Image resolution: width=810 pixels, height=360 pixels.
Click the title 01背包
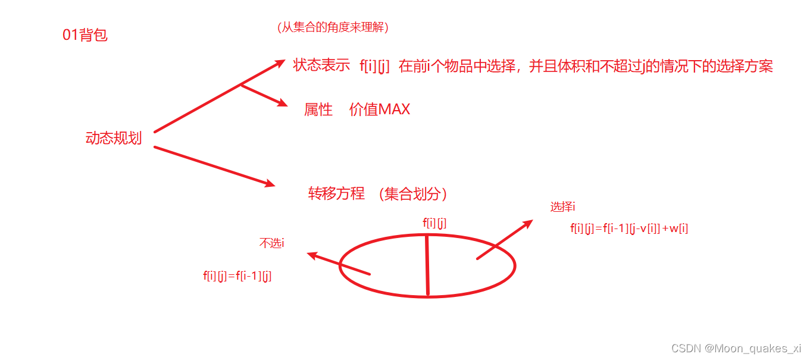coord(85,35)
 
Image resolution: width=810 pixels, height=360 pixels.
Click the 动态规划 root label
coord(114,139)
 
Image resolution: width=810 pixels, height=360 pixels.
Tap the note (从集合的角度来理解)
coord(333,27)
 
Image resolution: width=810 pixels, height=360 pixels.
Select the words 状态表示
coord(321,66)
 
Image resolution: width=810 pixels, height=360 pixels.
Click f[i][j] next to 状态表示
coord(374,67)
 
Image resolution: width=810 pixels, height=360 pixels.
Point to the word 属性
coord(318,109)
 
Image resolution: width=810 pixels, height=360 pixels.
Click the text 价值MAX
coord(380,109)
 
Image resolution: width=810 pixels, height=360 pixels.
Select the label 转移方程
coord(336,194)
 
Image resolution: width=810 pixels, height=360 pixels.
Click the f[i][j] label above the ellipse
coord(434,223)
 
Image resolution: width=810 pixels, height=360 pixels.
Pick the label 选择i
coord(562,207)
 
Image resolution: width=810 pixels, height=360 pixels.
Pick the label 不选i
coord(271,243)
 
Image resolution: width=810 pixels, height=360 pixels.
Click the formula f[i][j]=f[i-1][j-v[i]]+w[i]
coord(629,228)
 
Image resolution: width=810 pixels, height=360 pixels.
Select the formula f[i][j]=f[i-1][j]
coord(237,276)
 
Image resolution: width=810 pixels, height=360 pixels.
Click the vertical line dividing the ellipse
coord(427,265)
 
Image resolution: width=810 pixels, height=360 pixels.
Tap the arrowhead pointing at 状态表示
coord(280,63)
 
